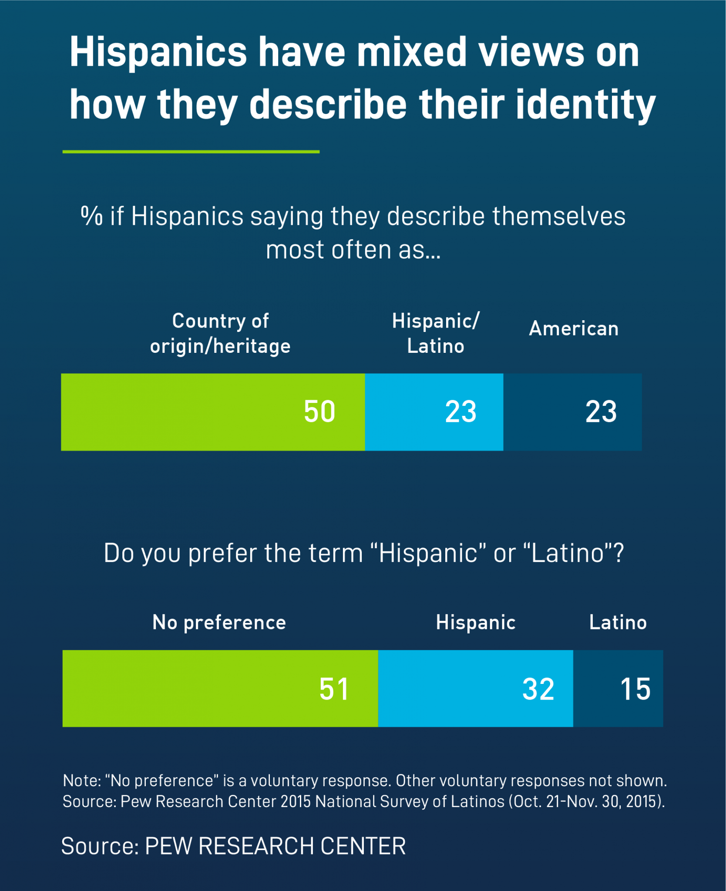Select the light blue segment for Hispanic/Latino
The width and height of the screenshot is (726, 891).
[434, 412]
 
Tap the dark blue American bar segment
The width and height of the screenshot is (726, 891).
[572, 412]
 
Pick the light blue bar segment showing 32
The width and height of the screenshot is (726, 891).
[475, 688]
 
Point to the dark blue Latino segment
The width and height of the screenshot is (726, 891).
[618, 688]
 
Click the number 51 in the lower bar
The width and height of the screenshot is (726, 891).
[334, 689]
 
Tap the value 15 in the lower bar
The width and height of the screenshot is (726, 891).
[635, 689]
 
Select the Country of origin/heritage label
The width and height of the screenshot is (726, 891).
[220, 333]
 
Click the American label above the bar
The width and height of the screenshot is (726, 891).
[574, 328]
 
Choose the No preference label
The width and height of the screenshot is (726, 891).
[219, 623]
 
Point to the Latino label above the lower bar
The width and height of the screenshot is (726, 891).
[618, 623]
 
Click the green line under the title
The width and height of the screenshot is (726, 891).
[191, 151]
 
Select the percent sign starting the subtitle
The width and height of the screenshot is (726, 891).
[91, 216]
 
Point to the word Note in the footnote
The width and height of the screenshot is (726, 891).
[81, 780]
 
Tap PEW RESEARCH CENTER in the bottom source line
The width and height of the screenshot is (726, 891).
[275, 846]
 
